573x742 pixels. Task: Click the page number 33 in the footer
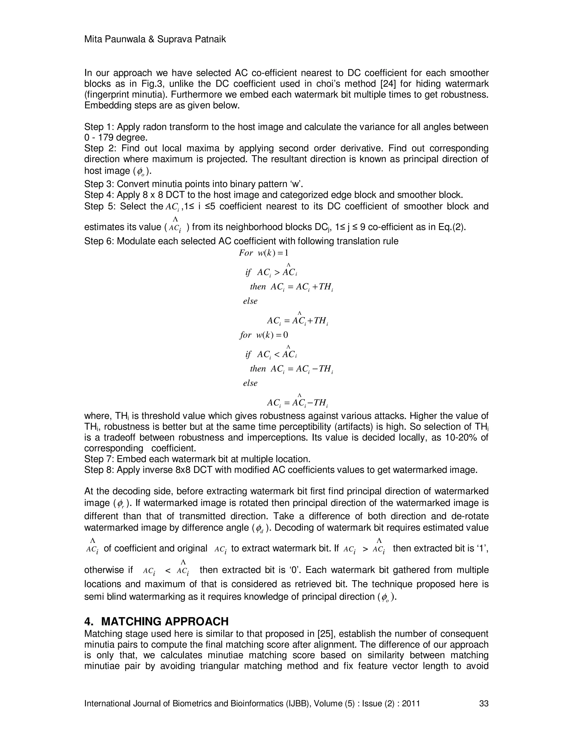point(483,703)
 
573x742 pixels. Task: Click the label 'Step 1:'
point(99,127)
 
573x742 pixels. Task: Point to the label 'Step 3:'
point(99,184)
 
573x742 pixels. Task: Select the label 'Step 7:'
point(99,459)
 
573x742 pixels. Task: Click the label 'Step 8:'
point(99,470)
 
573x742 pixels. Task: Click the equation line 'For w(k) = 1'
point(264,253)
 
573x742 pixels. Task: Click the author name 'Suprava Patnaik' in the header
point(191,39)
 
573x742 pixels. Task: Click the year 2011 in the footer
point(411,703)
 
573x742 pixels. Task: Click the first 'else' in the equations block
point(250,301)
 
